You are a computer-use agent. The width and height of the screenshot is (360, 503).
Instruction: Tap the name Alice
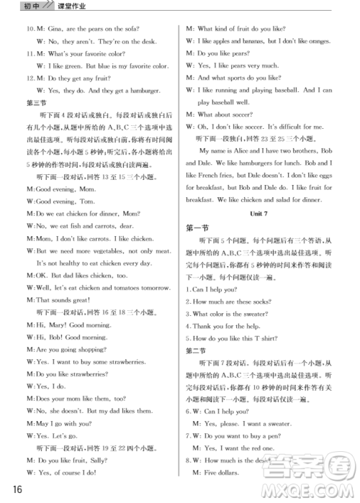(252, 150)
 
